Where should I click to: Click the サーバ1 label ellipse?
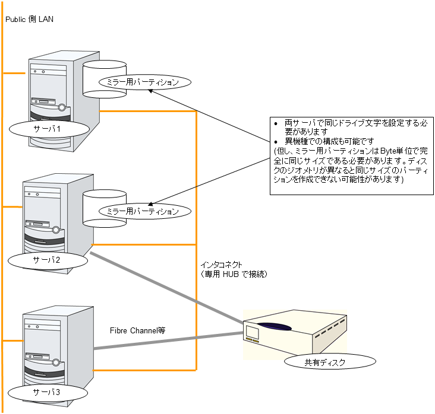(49, 129)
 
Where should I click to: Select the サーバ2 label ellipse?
(48, 260)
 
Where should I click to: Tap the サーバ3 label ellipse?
(48, 391)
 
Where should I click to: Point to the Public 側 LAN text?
(29, 20)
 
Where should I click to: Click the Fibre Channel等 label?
(137, 330)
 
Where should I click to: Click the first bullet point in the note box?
(275, 122)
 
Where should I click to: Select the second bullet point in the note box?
(275, 142)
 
